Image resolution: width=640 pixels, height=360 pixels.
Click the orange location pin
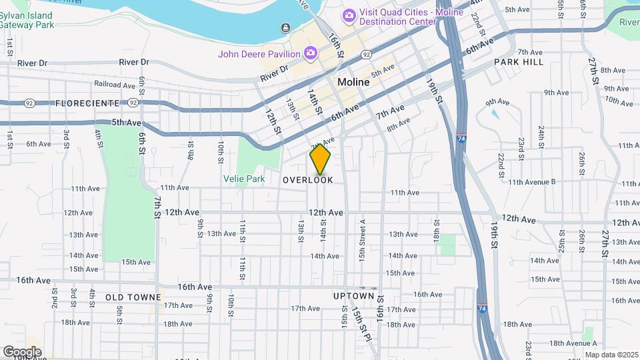pos(321,160)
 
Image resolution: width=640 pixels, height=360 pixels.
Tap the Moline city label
pos(353,82)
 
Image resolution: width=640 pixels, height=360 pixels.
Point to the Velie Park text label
pos(244,179)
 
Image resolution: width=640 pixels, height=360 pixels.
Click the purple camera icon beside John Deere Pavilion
pos(310,53)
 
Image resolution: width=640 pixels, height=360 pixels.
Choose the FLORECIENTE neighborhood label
pos(87,103)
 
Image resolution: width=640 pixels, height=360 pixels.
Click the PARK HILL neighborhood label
pos(519,62)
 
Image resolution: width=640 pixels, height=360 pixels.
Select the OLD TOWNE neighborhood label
pos(133,297)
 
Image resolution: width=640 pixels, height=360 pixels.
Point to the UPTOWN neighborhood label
pos(353,296)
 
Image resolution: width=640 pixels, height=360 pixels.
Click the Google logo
pos(22,352)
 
